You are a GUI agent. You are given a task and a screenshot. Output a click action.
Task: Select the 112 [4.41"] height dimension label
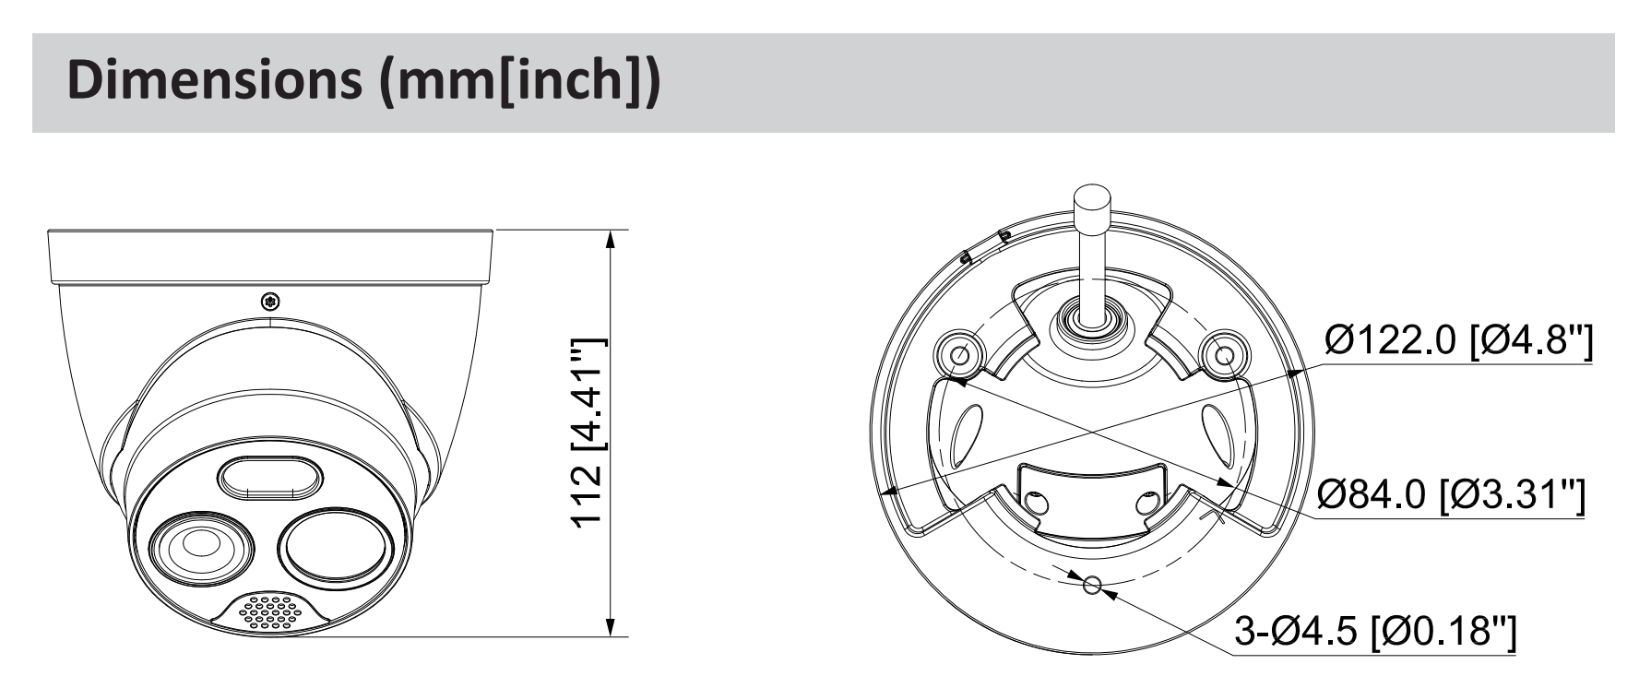pyautogui.click(x=587, y=433)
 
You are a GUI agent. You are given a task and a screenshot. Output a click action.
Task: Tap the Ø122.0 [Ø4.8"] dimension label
pyautogui.click(x=1457, y=342)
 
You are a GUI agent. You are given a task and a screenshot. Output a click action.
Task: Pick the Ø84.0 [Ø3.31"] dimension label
pyautogui.click(x=1452, y=498)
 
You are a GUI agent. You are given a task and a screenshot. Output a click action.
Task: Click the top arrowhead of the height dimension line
pyautogui.click(x=610, y=239)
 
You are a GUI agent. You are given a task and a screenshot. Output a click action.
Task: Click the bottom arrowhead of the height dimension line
pyautogui.click(x=610, y=626)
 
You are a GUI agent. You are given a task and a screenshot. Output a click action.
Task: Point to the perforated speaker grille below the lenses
pyautogui.click(x=270, y=611)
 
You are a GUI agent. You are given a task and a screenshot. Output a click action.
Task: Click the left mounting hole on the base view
pyautogui.click(x=958, y=353)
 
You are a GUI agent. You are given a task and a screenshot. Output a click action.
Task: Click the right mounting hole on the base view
pyautogui.click(x=1225, y=353)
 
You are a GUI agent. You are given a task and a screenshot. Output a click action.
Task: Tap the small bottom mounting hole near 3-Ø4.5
pyautogui.click(x=1092, y=585)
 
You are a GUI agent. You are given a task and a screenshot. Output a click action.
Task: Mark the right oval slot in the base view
pyautogui.click(x=1217, y=435)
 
